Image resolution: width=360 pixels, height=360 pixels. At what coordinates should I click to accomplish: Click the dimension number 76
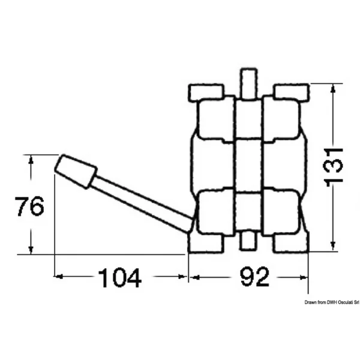29,206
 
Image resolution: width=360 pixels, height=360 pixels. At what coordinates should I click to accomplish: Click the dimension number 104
119,278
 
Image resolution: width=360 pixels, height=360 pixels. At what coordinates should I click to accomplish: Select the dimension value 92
254,277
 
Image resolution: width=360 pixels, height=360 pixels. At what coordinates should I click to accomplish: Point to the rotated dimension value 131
334,165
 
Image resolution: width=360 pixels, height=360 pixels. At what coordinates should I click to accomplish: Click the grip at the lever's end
76,172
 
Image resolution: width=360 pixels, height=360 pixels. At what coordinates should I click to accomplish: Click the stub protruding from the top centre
248,83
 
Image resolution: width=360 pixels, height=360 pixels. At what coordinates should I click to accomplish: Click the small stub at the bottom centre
248,241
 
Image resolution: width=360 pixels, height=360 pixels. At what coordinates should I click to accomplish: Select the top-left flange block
206,92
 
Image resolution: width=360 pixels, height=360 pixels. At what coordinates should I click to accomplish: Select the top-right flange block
292,92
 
